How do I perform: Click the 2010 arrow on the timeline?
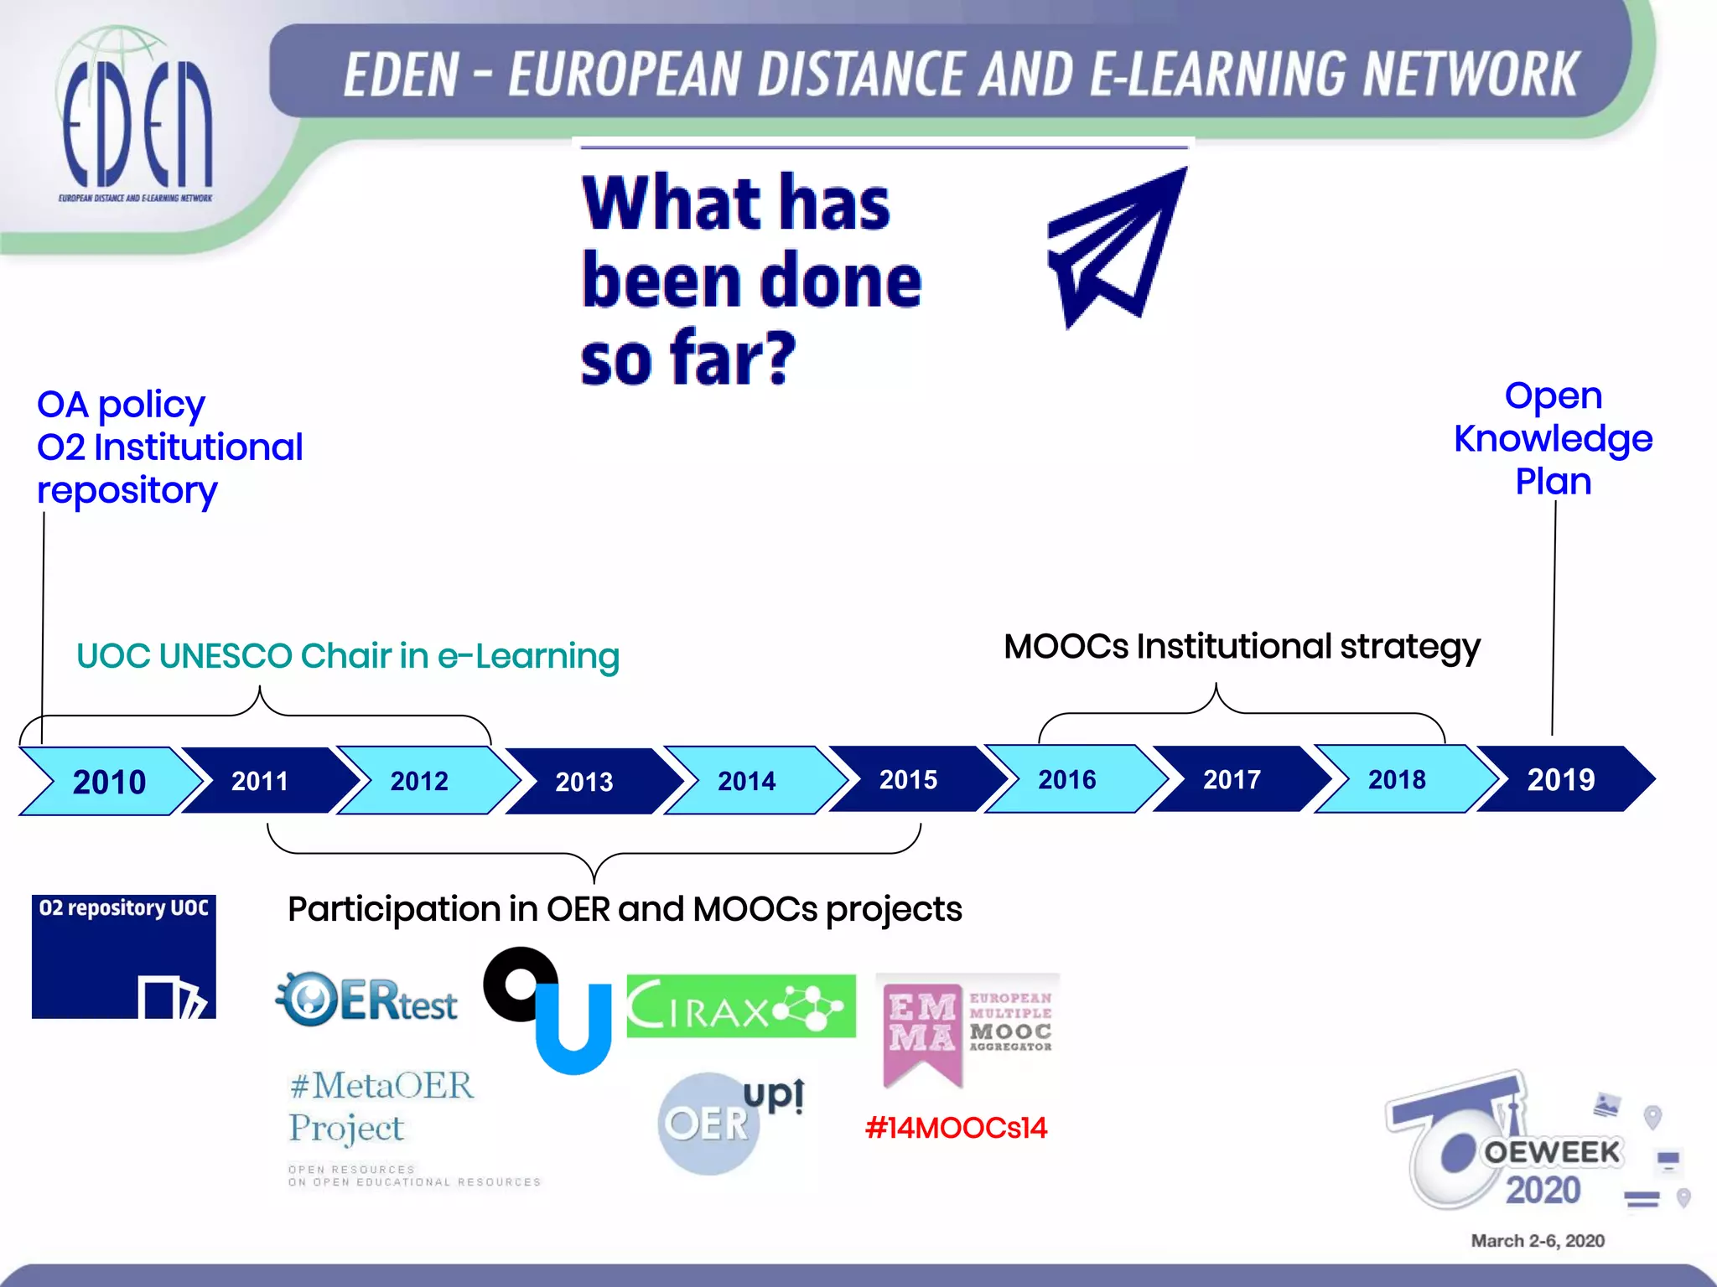pos(109,781)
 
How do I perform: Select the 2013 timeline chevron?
pos(584,781)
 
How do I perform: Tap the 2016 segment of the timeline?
pos(1067,779)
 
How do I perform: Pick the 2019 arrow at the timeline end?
pos(1561,779)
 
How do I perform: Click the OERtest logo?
pos(367,999)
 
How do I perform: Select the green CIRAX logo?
pos(741,1006)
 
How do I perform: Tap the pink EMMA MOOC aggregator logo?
pos(967,1029)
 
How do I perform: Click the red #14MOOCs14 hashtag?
pos(956,1128)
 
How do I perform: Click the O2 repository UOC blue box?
pos(124,956)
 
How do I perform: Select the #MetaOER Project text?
pos(381,1106)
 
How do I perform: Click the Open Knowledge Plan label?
pos(1553,438)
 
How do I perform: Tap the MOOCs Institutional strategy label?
pos(1242,646)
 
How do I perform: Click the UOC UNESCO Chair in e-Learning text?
pos(348,656)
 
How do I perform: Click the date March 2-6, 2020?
pos(1538,1241)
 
